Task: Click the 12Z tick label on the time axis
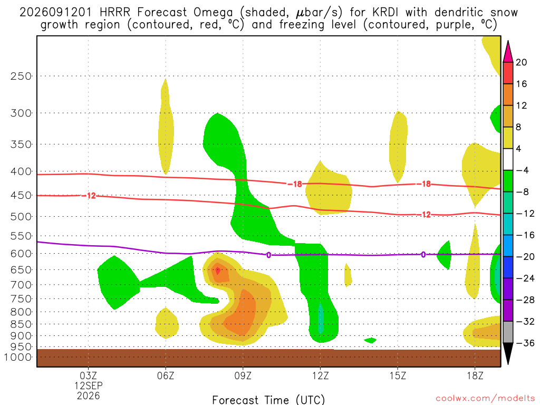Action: point(320,375)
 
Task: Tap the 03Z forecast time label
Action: point(88,375)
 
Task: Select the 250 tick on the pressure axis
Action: point(21,76)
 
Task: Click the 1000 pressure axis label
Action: point(18,357)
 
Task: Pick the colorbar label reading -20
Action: point(525,257)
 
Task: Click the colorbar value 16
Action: point(522,84)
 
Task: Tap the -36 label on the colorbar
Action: point(525,343)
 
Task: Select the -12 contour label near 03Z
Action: point(89,196)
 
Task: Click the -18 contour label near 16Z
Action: point(424,184)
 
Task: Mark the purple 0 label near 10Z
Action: point(268,255)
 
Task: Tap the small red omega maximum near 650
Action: point(218,271)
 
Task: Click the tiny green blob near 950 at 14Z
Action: point(370,340)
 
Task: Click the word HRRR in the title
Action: point(115,13)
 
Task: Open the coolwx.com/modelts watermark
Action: point(485,399)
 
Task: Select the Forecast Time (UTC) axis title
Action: point(268,400)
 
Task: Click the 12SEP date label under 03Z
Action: point(89,385)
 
